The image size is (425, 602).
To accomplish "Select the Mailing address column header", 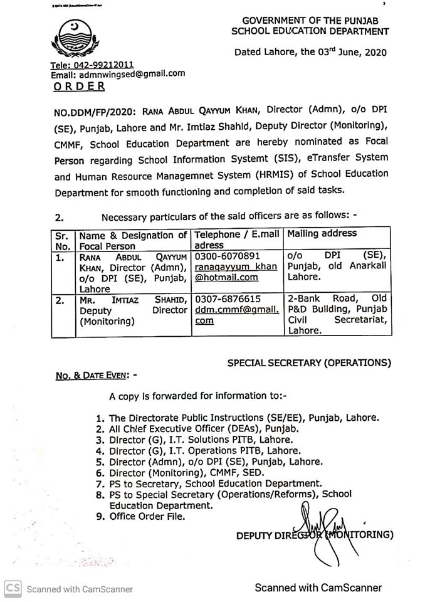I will [322, 234].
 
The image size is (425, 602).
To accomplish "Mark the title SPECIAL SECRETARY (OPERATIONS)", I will [309, 362].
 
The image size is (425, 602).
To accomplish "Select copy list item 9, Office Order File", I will [147, 517].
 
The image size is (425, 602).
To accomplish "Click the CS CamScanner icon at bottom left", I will [13, 588].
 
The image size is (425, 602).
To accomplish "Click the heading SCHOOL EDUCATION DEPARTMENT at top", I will [310, 31].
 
